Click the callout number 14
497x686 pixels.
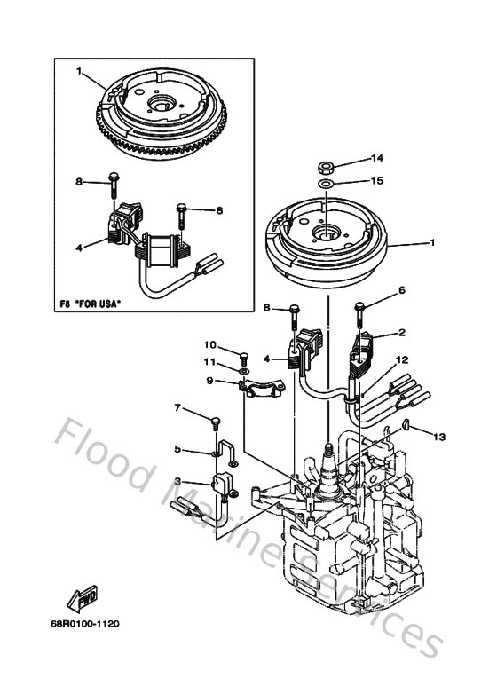coord(376,158)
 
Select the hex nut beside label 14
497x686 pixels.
coord(327,165)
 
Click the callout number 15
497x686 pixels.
coord(376,181)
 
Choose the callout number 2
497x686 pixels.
coord(401,333)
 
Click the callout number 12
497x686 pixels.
coord(401,360)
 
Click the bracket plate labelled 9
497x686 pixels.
coord(262,384)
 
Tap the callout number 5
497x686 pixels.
coord(177,449)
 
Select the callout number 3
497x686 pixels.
coord(177,482)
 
